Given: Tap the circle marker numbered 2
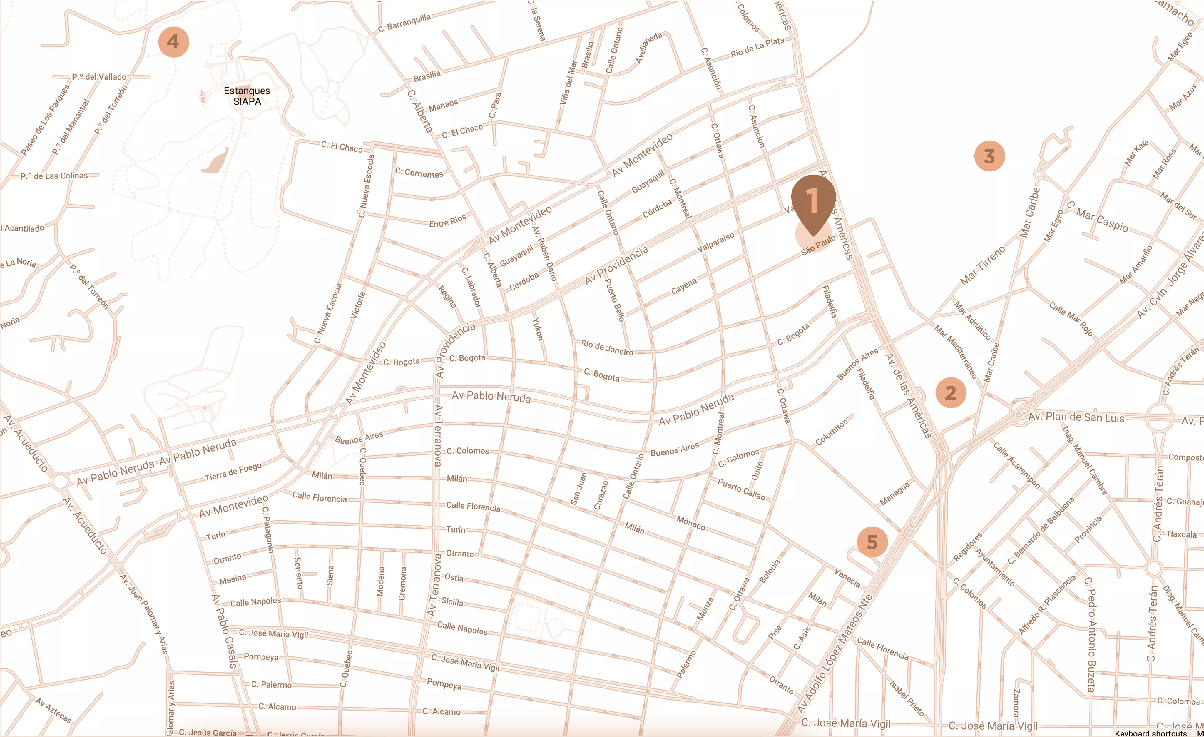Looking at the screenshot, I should tap(950, 392).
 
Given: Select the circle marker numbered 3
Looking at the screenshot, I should tap(989, 156).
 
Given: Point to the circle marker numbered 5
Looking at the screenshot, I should tap(872, 542).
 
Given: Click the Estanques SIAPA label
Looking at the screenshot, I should tap(247, 96).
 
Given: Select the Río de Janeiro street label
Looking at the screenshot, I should tap(607, 347).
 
